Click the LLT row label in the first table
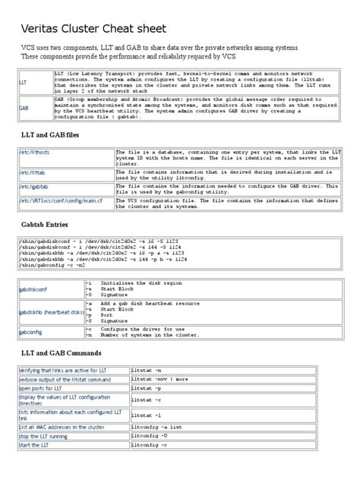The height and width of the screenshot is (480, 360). point(24,80)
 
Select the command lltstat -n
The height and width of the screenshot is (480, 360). point(146,371)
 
